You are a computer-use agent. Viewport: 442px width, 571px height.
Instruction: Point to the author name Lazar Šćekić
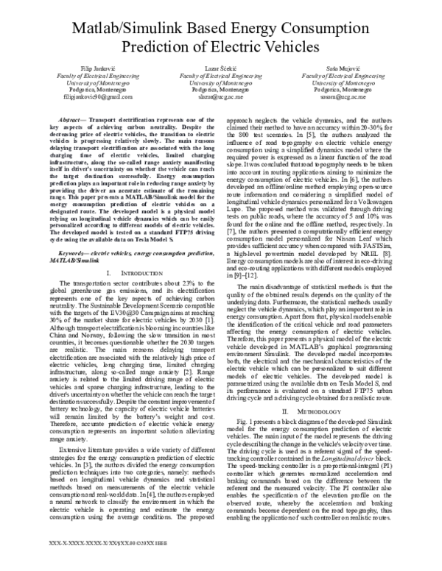221,67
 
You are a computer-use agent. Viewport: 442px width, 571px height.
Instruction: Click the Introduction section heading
131,252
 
